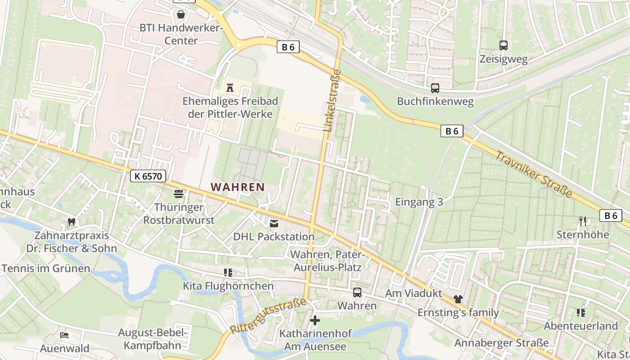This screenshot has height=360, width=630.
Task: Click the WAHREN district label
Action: click(238, 187)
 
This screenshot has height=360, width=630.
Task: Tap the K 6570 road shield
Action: click(148, 176)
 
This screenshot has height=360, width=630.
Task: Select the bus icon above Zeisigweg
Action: click(504, 45)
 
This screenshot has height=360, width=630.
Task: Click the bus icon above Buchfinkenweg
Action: click(435, 88)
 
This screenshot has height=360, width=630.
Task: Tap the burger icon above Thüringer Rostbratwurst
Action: click(179, 194)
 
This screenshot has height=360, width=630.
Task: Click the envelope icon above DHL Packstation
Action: click(274, 223)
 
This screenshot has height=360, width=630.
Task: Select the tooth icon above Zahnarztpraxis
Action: click(71, 221)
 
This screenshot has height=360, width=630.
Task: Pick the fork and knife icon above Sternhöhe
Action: click(583, 221)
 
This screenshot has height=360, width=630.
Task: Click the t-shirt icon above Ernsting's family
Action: click(458, 299)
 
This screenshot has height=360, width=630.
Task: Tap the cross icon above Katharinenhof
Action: click(315, 320)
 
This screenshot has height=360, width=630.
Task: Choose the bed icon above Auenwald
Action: click(64, 335)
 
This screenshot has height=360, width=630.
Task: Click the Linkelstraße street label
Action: click(333, 100)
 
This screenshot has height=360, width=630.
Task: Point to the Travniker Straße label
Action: click(534, 175)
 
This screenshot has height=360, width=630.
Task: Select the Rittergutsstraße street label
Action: click(268, 315)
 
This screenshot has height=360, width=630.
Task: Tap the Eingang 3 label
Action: click(419, 202)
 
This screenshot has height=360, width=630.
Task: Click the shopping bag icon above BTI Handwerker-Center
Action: click(181, 15)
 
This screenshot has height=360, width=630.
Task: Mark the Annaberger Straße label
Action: click(501, 343)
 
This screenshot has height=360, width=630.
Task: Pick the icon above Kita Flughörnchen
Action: click(228, 273)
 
